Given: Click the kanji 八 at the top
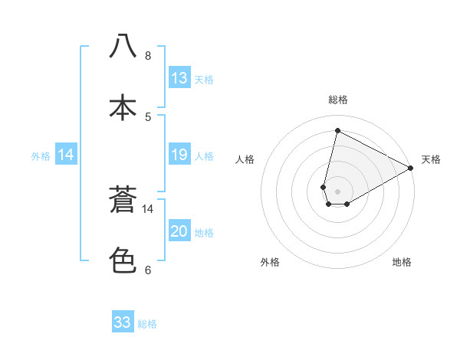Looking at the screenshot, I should pos(123,46).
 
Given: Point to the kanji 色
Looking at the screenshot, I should pos(123,260).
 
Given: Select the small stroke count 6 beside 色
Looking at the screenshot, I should pos(148,270).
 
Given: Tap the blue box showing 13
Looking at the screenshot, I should pos(179,78).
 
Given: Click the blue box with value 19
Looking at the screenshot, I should pos(179,155).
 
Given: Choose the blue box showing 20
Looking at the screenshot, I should pos(179,231).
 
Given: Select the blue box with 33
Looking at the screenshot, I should pos(123,322).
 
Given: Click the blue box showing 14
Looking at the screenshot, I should pos(66,155).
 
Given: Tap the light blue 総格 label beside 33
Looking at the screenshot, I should pos(147,323).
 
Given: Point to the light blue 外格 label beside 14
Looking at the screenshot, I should pos(41,156).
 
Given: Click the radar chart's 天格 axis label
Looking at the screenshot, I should pos(431,159).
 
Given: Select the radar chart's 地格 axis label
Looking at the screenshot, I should pos(402,262).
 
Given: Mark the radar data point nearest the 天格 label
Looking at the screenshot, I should pos(411,169).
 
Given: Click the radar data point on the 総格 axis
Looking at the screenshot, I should pos(337,131).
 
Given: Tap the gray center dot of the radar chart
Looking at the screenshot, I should pos(337,191).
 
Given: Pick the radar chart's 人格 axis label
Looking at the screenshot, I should pos(245,159).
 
